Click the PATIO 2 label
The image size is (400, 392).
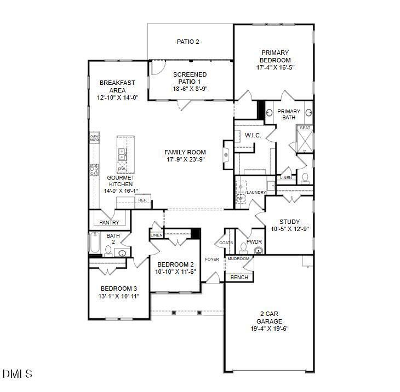[x=187, y=42]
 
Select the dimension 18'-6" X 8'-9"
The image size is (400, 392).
[x=190, y=89]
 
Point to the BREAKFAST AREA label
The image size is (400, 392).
[x=117, y=87]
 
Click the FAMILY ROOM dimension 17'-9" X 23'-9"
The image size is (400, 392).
[x=186, y=160]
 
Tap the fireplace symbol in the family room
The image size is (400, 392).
[x=227, y=155]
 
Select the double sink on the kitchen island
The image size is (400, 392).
[x=122, y=156]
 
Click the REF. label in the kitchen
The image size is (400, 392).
[x=142, y=200]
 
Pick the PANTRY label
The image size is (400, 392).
[x=110, y=223]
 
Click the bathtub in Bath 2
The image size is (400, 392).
[x=94, y=244]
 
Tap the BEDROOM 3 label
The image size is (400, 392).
[x=118, y=289]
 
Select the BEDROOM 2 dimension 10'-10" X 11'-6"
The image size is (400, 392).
[x=175, y=272]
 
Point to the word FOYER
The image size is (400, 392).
[x=212, y=259]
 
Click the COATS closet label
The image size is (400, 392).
[x=226, y=243]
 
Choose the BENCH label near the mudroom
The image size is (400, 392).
[x=239, y=278]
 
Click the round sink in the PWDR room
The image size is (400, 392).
[x=259, y=251]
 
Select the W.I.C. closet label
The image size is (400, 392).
[x=253, y=135]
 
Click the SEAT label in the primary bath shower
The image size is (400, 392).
[x=305, y=128]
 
